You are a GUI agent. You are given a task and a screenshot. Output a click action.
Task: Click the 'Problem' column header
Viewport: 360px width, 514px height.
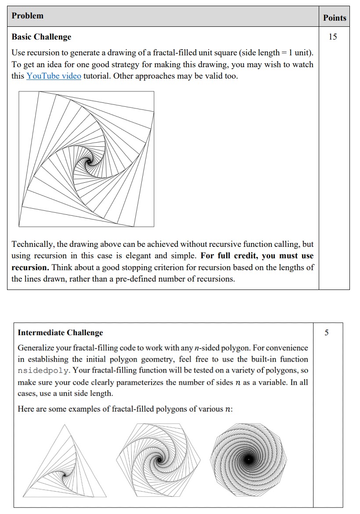[x=27, y=16]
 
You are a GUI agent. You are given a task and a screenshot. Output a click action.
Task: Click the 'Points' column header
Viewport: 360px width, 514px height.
[x=335, y=18]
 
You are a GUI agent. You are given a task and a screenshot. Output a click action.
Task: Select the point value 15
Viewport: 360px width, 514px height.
[x=333, y=37]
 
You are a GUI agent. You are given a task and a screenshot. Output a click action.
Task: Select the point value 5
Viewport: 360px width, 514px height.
[x=327, y=333]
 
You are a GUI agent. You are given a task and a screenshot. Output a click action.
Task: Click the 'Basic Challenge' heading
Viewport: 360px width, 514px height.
[x=41, y=37]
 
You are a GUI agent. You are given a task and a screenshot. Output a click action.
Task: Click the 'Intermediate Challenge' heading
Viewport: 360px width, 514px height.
[x=60, y=333]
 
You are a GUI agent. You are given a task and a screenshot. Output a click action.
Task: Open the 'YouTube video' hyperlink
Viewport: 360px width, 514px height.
[x=54, y=76]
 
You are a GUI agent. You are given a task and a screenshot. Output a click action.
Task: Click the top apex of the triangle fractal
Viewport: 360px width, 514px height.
[x=65, y=425]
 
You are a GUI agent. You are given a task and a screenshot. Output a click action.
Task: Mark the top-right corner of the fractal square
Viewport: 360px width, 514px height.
[x=154, y=92]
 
